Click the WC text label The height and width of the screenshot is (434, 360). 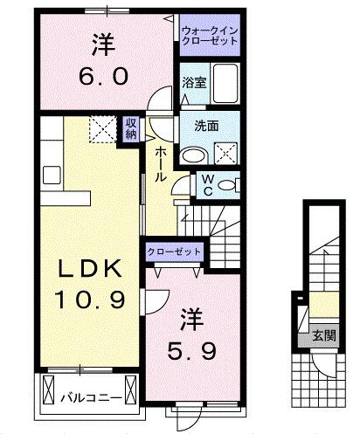pos(209,183)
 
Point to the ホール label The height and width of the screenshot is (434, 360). pos(162,162)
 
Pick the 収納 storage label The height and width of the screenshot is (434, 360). pos(130,128)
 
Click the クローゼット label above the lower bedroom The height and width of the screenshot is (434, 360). pos(174,252)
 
